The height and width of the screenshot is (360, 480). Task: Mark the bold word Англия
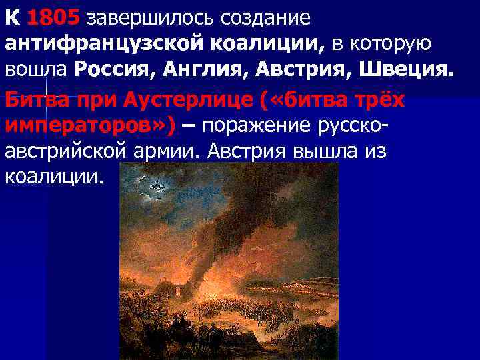tap(207, 69)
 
